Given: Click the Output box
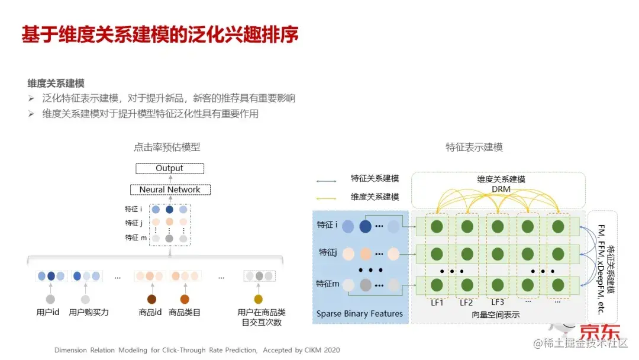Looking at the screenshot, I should (x=170, y=169).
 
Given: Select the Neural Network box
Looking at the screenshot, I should (x=170, y=190).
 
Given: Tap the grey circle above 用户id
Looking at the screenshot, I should (x=50, y=299).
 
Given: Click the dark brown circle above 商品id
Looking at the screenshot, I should (x=151, y=299).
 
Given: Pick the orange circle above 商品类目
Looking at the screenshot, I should (x=185, y=299).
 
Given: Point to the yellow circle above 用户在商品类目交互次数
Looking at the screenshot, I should (x=258, y=299).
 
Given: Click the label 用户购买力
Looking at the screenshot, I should (x=89, y=312).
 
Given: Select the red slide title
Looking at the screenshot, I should (x=160, y=34).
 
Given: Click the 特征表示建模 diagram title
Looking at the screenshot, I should (x=474, y=147).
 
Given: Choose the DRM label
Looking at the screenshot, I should (x=501, y=189).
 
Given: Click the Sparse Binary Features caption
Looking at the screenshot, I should (x=359, y=314).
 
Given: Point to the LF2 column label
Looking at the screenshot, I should (x=466, y=303).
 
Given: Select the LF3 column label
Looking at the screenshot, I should (x=497, y=303).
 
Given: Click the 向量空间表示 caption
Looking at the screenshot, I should (x=496, y=315).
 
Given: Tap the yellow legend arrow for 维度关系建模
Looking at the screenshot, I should (x=326, y=197).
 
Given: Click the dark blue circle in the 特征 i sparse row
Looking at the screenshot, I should (x=365, y=226).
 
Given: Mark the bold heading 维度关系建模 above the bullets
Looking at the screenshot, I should (x=56, y=84).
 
